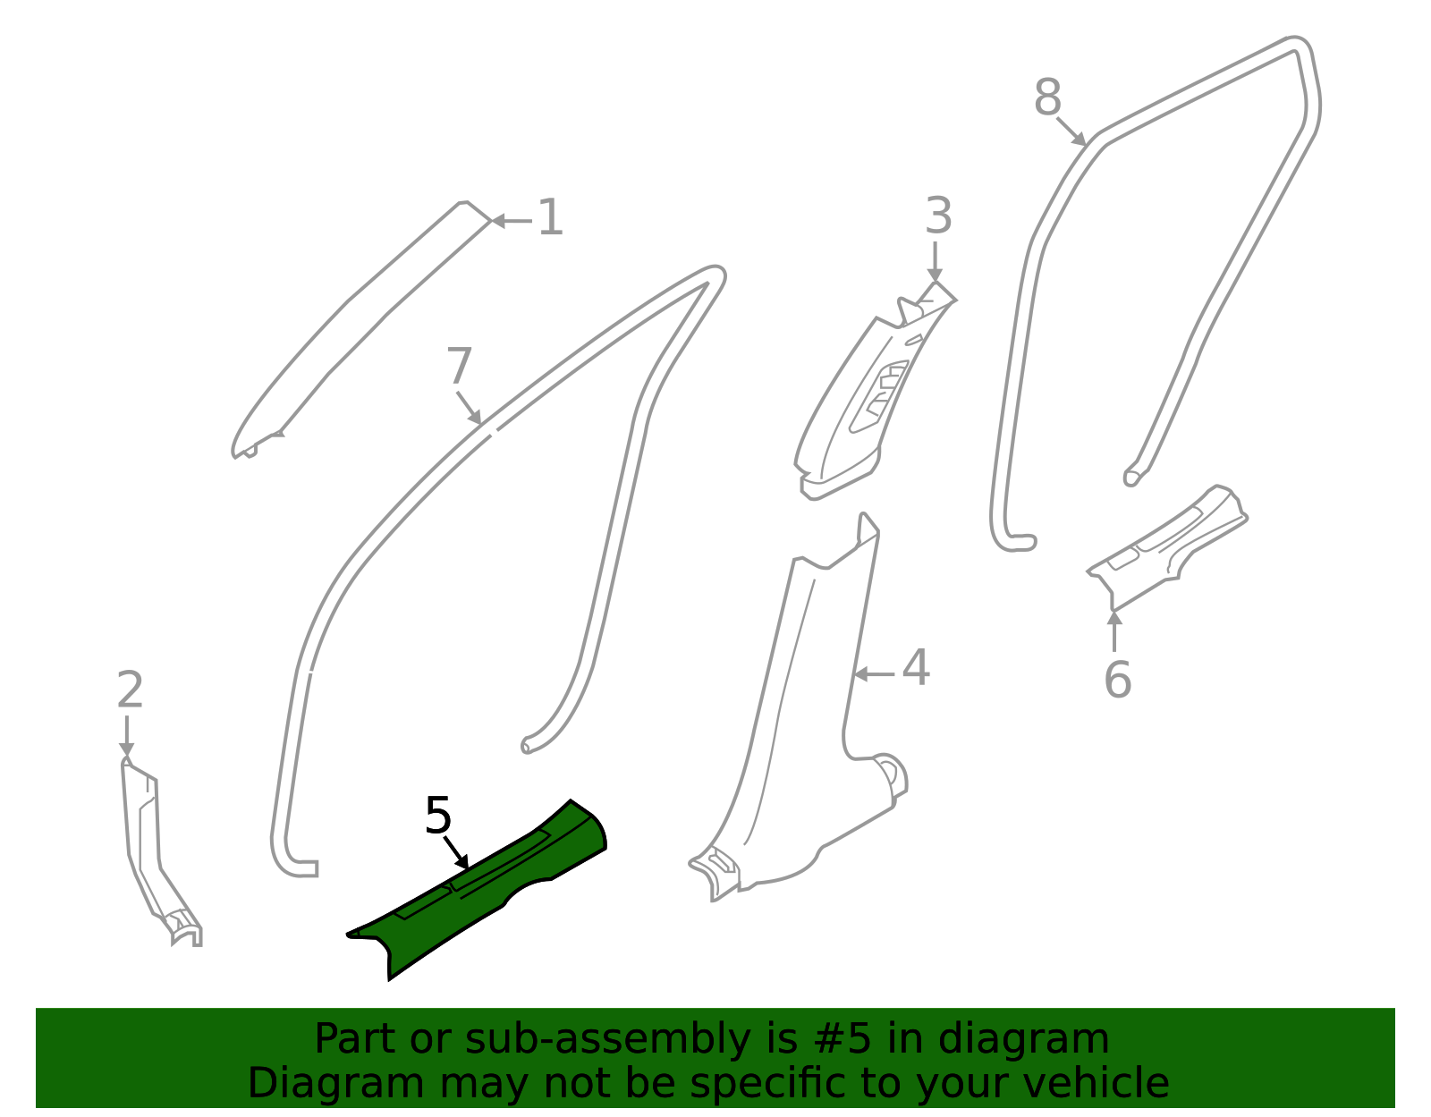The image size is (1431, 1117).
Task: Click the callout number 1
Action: click(550, 217)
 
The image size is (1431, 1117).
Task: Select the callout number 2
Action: click(130, 690)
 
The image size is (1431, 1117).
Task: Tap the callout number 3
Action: click(938, 216)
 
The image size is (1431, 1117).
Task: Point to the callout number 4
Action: click(915, 667)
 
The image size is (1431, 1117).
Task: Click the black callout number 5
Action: click(438, 815)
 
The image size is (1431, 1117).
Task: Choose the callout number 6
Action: click(1118, 680)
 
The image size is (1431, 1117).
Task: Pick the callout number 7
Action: click(460, 365)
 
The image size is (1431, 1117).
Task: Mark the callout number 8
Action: click(1047, 97)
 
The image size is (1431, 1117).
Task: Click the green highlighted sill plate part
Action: click(474, 889)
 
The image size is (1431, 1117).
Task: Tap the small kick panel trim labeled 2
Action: click(158, 856)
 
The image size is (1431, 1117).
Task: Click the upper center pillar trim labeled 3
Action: click(869, 395)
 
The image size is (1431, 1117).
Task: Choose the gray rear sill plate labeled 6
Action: click(1165, 547)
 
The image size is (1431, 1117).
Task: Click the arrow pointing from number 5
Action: click(456, 853)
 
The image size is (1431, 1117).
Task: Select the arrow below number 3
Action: click(935, 262)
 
